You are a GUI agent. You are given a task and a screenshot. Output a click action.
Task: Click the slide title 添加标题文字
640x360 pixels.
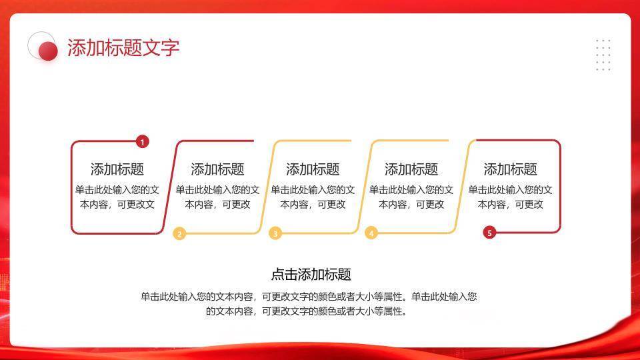[x=123, y=48]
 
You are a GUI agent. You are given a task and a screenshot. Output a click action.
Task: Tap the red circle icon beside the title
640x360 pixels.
[x=47, y=51]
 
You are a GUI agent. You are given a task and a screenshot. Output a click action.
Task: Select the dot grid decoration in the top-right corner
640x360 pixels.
[x=603, y=55]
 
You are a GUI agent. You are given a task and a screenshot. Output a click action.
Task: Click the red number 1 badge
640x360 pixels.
[x=142, y=141]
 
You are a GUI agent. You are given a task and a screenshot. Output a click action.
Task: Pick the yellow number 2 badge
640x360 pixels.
[x=179, y=233]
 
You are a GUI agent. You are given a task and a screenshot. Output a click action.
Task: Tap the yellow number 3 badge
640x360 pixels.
[x=275, y=233]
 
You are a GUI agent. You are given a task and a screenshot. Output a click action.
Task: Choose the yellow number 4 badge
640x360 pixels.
[x=371, y=233]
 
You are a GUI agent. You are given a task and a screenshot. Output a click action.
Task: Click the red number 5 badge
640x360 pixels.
[x=489, y=233]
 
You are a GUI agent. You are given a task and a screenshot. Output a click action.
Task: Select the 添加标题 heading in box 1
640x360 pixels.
[x=117, y=169]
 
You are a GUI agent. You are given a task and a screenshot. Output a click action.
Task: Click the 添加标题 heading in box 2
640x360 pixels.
[x=217, y=169]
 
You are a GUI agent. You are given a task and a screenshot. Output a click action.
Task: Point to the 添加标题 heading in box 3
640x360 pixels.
[x=313, y=169]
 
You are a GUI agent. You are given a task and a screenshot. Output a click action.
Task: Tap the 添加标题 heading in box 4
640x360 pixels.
[x=411, y=169]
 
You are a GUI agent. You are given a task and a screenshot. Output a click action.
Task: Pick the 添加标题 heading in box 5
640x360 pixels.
[x=510, y=169]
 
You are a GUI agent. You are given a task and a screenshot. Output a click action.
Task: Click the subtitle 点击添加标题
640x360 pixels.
[x=311, y=274]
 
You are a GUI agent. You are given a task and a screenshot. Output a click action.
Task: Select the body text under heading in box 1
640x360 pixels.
[x=117, y=197]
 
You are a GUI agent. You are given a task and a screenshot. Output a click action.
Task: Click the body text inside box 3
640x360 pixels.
[x=313, y=197]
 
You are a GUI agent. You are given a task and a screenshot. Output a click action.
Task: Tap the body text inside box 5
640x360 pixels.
[x=510, y=197]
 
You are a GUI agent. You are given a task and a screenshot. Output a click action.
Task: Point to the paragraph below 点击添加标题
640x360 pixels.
[x=308, y=303]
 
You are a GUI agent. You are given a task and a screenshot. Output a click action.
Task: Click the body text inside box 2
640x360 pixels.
[x=217, y=197]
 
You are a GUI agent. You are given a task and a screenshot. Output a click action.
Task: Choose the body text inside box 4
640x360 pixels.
[x=411, y=197]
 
